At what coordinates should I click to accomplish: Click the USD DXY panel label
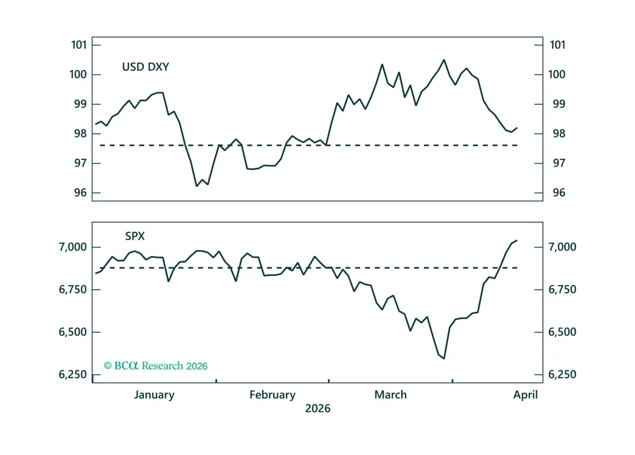point(146,67)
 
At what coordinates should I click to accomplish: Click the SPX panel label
point(135,236)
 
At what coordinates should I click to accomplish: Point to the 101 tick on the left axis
point(79,45)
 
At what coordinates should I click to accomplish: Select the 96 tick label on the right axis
point(559,193)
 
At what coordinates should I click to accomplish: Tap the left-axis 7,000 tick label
point(72,247)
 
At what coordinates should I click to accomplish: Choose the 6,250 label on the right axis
point(562,375)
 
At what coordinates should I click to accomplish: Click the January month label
point(154,395)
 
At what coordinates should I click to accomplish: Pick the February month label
point(273,395)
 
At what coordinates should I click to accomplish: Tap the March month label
point(391,395)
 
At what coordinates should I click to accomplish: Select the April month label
point(525,395)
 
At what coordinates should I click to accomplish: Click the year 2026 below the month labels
point(318,408)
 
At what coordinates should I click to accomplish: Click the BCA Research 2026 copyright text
point(156,366)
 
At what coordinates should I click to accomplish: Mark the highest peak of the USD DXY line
point(444,60)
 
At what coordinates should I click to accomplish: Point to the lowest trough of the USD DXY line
point(196,186)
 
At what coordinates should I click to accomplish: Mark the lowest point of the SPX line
point(444,359)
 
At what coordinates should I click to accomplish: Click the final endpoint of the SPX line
point(518,240)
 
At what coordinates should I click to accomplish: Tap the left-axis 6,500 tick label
point(72,332)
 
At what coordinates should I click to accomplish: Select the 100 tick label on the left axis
point(78,75)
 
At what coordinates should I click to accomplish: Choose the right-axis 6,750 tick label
point(562,289)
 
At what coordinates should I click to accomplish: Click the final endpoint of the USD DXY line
point(518,128)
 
